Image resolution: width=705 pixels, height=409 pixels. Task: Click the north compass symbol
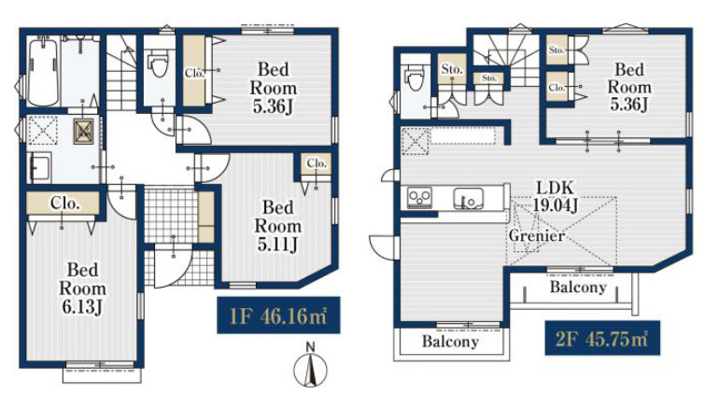(x=310, y=365)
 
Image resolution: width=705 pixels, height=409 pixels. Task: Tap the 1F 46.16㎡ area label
(x=278, y=316)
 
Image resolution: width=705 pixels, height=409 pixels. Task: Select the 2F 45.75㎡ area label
(x=602, y=338)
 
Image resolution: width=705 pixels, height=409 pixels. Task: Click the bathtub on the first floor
(x=43, y=72)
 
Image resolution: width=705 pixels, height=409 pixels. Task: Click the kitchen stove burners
(x=419, y=198)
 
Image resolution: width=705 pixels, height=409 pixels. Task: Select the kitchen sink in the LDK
(x=468, y=198)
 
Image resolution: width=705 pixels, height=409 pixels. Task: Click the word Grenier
(x=536, y=235)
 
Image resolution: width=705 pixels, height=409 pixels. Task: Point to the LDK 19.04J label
(x=556, y=196)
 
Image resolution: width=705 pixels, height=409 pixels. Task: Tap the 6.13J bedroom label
(x=83, y=289)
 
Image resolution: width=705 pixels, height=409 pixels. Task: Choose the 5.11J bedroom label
(x=278, y=226)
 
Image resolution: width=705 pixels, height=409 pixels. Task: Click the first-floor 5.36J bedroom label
(x=274, y=88)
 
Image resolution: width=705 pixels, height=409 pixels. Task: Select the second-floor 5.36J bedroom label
(x=629, y=87)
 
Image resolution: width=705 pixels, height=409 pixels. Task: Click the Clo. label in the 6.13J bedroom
(x=65, y=204)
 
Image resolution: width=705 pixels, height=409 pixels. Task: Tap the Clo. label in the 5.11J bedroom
(x=316, y=163)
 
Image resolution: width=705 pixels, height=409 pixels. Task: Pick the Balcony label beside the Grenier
(x=578, y=287)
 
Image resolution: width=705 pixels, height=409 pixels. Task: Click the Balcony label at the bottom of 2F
(x=450, y=341)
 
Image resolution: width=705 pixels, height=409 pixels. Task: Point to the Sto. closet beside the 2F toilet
(x=452, y=69)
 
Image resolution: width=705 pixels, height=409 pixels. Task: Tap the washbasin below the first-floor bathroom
(x=39, y=167)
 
